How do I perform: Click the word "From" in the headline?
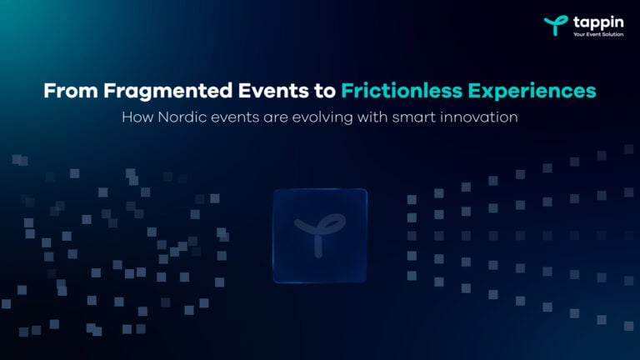64,91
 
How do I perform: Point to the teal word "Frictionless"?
397,91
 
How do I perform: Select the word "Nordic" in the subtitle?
180,117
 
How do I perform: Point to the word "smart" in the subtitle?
401,117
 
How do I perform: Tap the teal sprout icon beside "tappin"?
554,25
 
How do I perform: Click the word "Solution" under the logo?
611,35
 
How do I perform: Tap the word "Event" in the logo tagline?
591,35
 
